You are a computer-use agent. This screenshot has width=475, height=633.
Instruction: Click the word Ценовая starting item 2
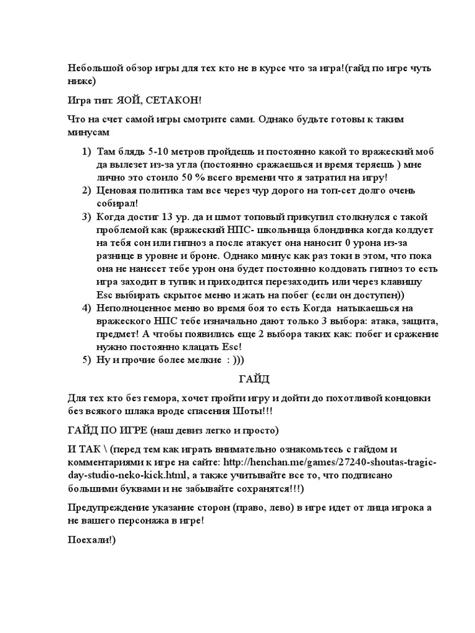pyautogui.click(x=119, y=191)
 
